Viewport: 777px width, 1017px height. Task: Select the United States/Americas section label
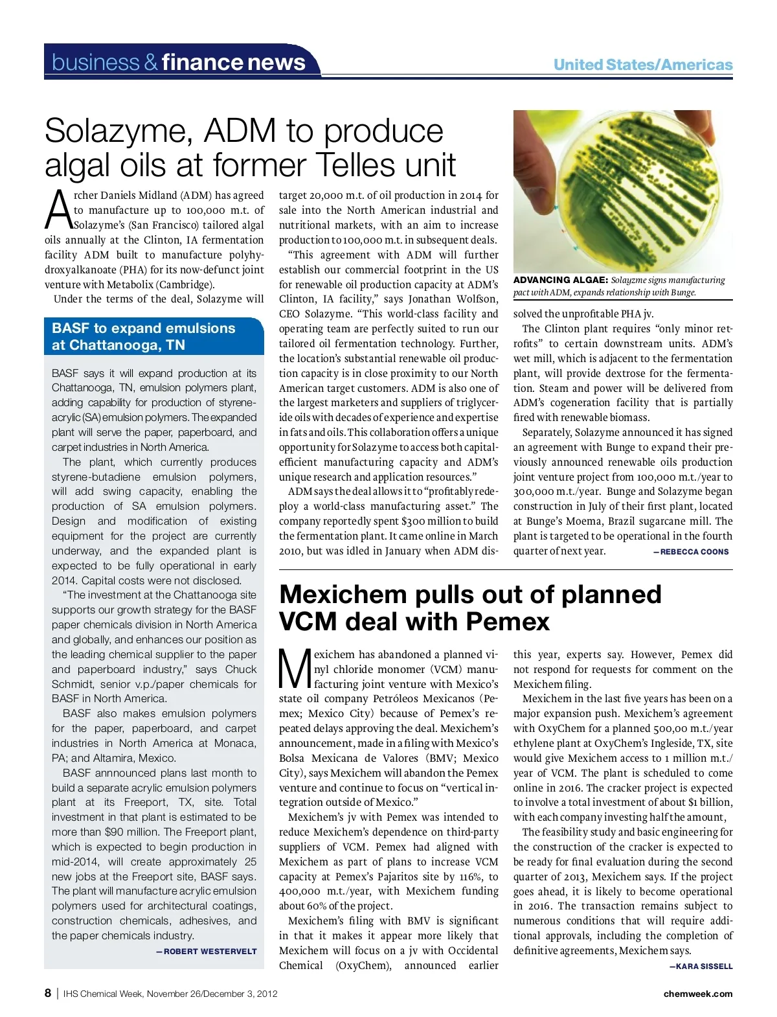[x=642, y=65]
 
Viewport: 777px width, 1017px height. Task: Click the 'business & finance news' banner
[x=179, y=62]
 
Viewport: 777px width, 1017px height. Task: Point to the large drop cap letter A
[x=58, y=210]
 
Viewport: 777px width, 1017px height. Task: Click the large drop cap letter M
[x=295, y=670]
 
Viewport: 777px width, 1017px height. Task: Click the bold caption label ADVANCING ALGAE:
[x=560, y=280]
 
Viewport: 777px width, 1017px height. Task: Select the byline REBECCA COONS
[x=694, y=552]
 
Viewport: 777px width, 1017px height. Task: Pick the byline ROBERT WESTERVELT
[x=210, y=952]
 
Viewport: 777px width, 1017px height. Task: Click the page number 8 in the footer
[x=48, y=994]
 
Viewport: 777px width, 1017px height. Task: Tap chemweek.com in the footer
[x=697, y=994]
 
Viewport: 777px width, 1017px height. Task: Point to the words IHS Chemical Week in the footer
[x=103, y=994]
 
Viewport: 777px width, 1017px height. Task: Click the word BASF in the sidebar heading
[x=70, y=328]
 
